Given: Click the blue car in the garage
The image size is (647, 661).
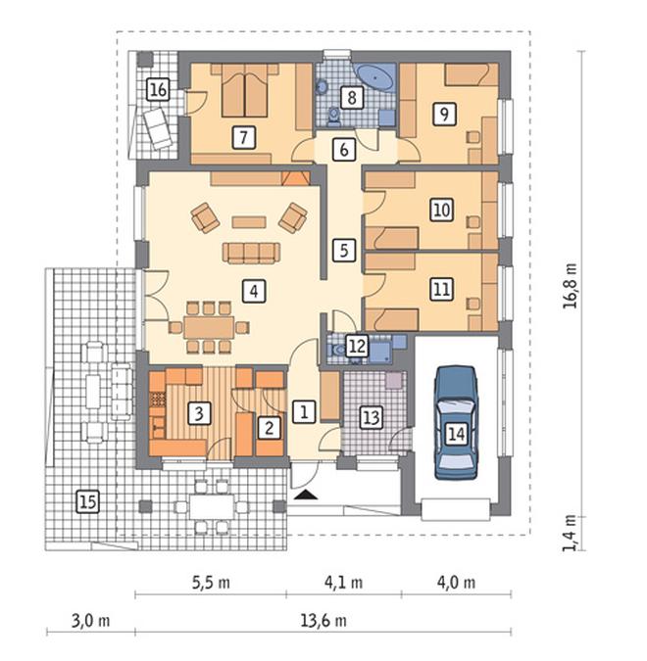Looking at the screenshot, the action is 456,423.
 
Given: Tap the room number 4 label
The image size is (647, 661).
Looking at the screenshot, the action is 254,291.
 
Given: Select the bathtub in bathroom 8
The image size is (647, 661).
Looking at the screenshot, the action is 375,76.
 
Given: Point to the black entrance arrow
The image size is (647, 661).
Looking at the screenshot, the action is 306,495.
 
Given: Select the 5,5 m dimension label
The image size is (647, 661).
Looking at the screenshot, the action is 211,583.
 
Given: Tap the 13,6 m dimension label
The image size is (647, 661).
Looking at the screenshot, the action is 323,621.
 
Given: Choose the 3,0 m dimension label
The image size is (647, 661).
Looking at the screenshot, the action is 90,621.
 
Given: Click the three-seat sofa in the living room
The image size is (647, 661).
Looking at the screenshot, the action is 251,253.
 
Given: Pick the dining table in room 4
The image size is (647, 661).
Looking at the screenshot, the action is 209,327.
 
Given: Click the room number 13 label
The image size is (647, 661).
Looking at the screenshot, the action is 372,417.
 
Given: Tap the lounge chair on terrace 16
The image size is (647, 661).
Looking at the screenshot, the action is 157,128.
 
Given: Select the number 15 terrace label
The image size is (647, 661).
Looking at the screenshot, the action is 88,502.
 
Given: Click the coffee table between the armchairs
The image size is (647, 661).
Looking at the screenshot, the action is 249,222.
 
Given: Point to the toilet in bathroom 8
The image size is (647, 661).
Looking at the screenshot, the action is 334,117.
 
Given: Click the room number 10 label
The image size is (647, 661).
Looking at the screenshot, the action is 442,210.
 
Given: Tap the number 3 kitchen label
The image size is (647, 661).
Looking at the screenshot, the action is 199,413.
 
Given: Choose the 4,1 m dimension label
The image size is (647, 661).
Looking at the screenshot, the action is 343,583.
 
